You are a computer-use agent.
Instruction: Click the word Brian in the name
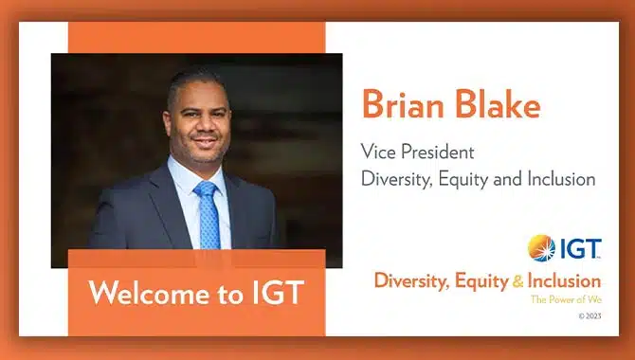click(x=404, y=103)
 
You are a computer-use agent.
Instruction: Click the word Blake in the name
click(x=499, y=103)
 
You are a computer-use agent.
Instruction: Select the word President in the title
click(x=437, y=153)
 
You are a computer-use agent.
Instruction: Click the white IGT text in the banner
click(x=278, y=292)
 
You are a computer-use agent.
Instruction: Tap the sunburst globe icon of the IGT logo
click(x=541, y=248)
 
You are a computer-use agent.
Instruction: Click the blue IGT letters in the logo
click(x=580, y=248)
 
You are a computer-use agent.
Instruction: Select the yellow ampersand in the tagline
click(x=518, y=281)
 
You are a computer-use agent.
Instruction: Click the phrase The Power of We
click(x=566, y=299)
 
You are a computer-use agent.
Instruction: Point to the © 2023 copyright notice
click(x=590, y=316)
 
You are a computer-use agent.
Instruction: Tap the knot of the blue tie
click(x=206, y=189)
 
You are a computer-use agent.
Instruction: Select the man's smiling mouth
click(x=205, y=142)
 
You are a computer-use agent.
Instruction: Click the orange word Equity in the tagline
click(x=481, y=281)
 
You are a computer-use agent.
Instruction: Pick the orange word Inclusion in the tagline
click(x=564, y=281)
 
